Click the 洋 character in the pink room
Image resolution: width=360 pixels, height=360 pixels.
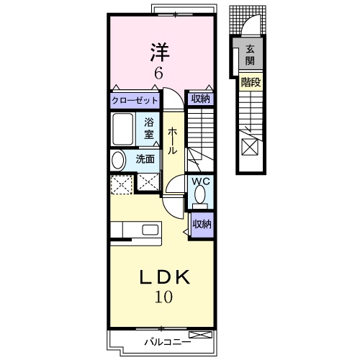[160, 51]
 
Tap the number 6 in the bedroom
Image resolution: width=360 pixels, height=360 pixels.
[159, 73]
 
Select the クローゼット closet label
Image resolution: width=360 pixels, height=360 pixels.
[135, 101]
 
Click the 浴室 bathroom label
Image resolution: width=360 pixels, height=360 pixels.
[149, 128]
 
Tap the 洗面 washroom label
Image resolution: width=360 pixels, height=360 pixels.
[145, 159]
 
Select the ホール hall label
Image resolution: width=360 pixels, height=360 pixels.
[173, 141]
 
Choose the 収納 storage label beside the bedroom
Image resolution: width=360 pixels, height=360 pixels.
[200, 99]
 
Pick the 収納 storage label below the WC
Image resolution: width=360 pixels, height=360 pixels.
[202, 224]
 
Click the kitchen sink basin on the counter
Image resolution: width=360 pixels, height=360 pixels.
[150, 230]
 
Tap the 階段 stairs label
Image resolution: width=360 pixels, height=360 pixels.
[250, 82]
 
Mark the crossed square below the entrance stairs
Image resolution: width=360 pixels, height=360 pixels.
[249, 147]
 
